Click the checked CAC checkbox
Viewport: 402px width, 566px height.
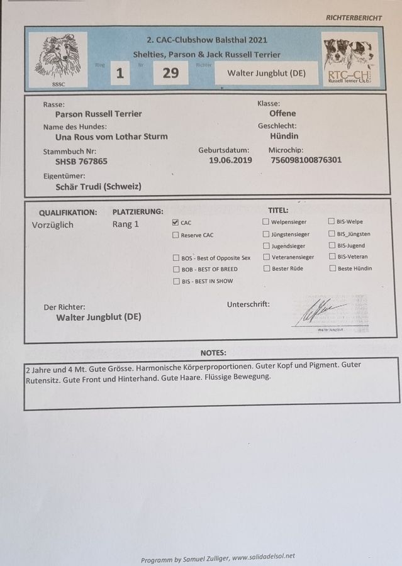(176, 223)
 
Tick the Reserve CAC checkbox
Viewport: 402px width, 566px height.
(176, 235)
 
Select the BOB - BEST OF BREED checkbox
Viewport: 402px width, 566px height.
(176, 269)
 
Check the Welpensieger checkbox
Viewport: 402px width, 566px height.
(266, 222)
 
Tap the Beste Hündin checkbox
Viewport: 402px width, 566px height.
(332, 269)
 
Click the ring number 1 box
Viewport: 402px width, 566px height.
(119, 73)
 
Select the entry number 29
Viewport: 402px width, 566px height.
(170, 73)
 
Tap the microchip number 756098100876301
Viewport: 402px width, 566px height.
(305, 160)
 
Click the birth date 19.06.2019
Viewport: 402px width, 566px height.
(230, 160)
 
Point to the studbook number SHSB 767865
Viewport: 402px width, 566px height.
(81, 161)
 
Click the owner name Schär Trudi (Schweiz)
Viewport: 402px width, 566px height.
(98, 187)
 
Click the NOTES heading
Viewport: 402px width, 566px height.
(213, 353)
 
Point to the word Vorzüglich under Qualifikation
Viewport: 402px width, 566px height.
(53, 224)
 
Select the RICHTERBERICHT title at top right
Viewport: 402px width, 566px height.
(354, 18)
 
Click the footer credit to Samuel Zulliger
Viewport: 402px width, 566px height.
(218, 557)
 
